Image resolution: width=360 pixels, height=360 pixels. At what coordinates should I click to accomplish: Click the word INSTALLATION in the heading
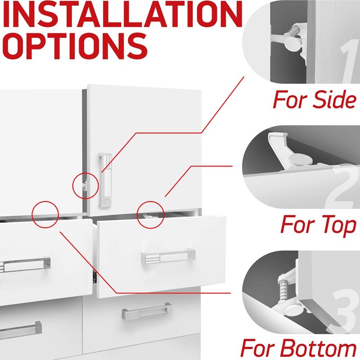pyautogui.click(x=121, y=15)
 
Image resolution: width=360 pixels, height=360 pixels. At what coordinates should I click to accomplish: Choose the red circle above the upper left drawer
pyautogui.click(x=46, y=214)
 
